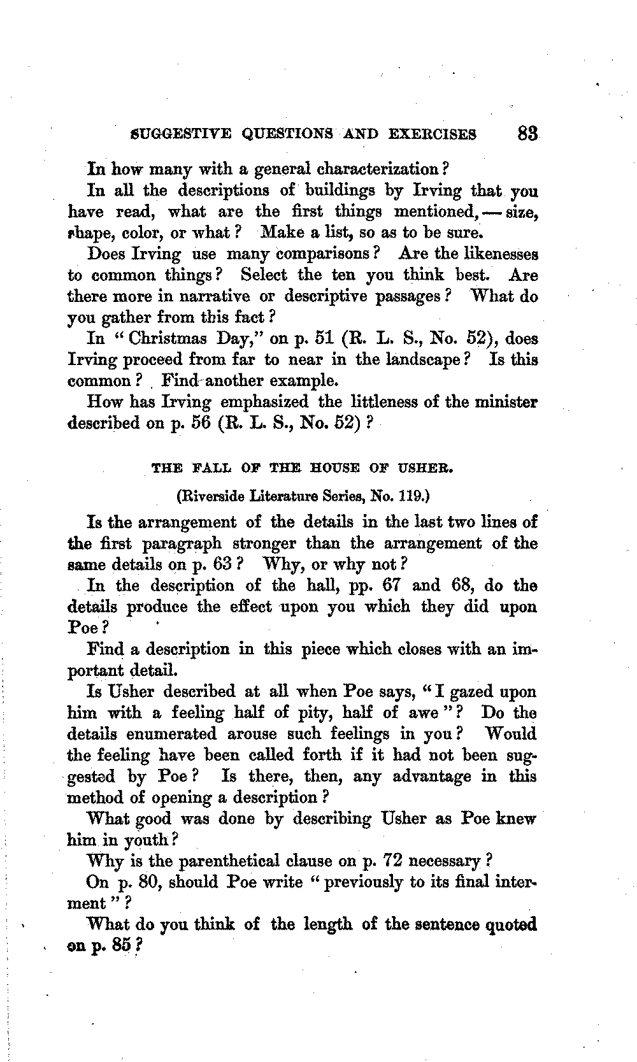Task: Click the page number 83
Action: (x=528, y=134)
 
